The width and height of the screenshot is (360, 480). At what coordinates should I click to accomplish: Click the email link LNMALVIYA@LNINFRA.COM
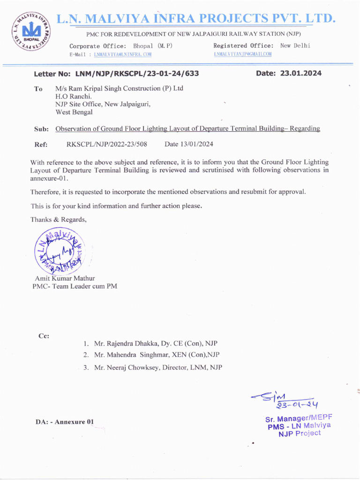[122, 55]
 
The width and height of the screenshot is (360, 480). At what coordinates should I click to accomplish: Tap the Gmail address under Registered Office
[242, 55]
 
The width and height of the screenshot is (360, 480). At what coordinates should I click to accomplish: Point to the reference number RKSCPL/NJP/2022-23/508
[107, 144]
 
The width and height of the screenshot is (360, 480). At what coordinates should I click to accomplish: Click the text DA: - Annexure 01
[65, 422]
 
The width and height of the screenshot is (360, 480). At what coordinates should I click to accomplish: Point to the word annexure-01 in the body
[49, 179]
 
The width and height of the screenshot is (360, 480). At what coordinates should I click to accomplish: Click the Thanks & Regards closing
[59, 219]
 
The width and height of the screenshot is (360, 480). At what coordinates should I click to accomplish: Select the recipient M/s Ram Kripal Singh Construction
[119, 89]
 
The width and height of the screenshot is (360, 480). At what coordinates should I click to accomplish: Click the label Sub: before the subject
[41, 129]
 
